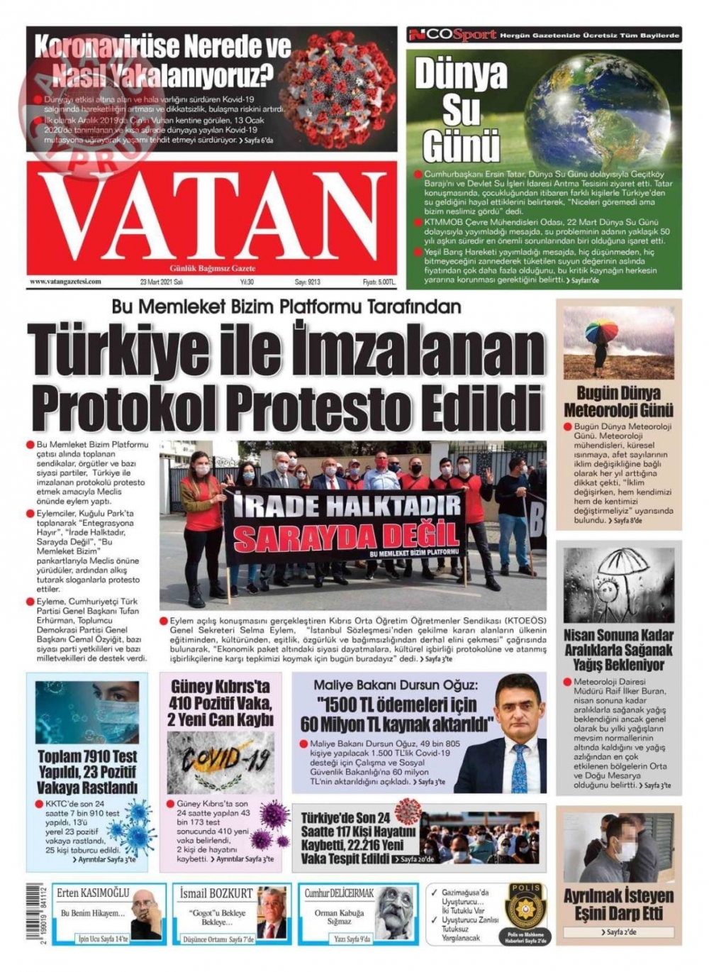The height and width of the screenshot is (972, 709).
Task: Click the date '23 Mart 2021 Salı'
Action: (x=162, y=282)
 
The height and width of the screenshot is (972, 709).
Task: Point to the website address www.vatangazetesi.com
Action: (x=66, y=282)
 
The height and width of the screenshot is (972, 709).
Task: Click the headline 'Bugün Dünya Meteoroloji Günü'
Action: (x=618, y=402)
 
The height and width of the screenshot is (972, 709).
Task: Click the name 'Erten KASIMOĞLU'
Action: (x=93, y=893)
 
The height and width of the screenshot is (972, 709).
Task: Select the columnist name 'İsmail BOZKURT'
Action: (x=216, y=893)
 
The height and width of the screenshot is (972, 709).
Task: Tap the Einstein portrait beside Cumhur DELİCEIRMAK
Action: (x=393, y=912)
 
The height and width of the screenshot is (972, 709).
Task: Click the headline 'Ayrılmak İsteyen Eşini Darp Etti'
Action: (x=618, y=904)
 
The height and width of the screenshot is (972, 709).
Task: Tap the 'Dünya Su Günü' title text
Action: (x=461, y=111)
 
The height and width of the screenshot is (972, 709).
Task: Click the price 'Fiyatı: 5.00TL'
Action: (x=378, y=282)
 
